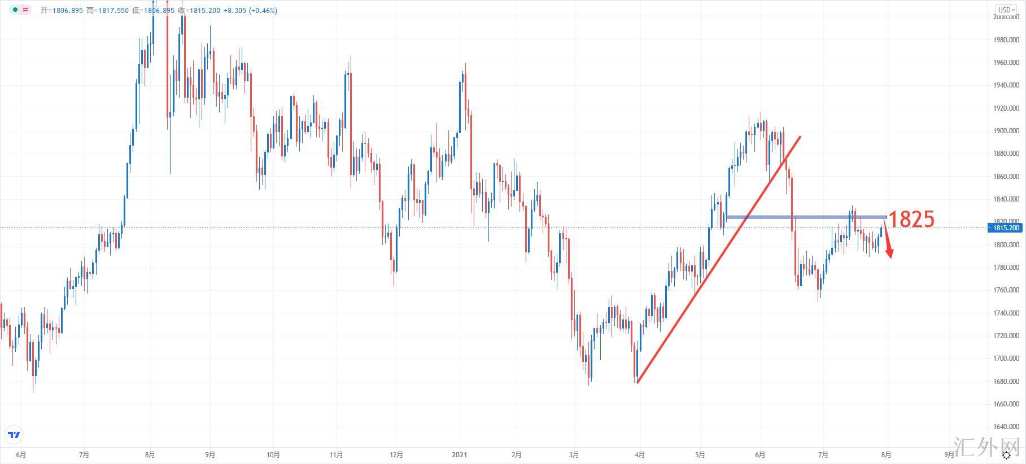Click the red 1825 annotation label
[912, 219]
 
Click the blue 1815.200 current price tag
[1006, 228]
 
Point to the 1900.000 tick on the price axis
[1006, 131]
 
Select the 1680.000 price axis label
[1006, 382]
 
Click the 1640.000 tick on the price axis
[1006, 427]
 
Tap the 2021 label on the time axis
[459, 454]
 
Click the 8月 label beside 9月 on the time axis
[886, 454]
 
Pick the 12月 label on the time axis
[396, 454]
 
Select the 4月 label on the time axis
[640, 454]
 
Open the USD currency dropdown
[1006, 10]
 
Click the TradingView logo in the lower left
[14, 435]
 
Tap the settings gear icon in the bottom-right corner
[1007, 455]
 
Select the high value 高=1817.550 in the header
[108, 10]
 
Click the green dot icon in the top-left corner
[15, 10]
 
